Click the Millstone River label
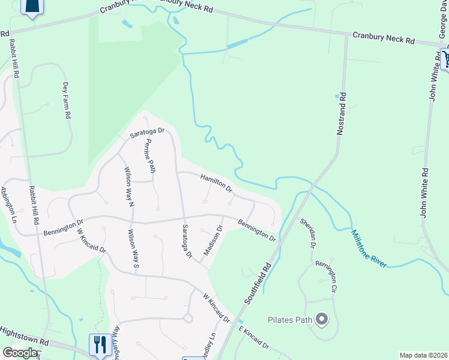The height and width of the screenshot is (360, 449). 369,247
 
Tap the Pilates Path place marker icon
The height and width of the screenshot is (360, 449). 322,319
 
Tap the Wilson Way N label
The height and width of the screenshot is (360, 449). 128,187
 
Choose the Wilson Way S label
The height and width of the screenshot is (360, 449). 133,248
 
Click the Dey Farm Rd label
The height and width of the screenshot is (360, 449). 67,100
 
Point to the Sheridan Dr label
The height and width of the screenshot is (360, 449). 308,233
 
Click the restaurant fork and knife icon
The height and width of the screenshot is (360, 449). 99,344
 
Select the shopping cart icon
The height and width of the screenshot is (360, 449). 446,58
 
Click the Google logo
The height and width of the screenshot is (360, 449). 21,352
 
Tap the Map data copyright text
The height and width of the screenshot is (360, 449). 423,355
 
